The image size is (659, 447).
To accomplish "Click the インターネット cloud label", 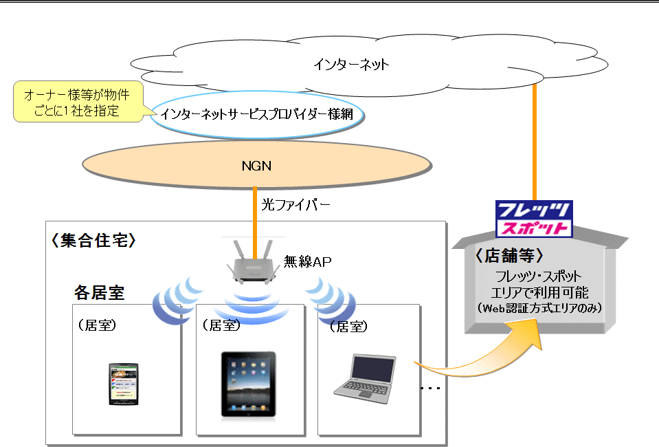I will click(351, 65).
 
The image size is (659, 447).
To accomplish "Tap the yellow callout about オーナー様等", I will click(76, 102).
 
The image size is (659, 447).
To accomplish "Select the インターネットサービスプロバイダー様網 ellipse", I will click(256, 114).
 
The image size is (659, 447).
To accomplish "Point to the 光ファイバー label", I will click(295, 204).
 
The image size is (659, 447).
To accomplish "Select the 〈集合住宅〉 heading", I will click(93, 240).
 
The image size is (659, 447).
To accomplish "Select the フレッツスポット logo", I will click(533, 219).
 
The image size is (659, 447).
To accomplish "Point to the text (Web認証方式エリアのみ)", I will click(539, 309).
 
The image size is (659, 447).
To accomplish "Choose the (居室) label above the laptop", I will click(349, 327).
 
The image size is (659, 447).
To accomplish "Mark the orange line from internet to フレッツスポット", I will click(534, 144).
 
